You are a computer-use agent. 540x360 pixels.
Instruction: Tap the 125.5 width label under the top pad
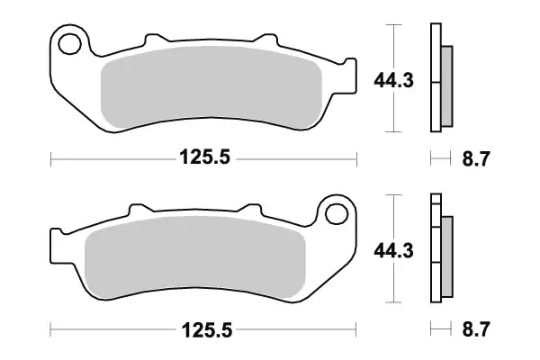click(205, 159)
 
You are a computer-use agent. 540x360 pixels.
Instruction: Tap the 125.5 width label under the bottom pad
click(205, 330)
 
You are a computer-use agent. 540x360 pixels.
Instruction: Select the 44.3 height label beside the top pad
click(393, 83)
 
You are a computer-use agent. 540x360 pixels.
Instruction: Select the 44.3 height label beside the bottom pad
click(393, 253)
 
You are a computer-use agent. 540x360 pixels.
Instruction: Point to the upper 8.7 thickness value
click(475, 159)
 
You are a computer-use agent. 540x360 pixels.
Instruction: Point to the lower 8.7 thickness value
click(475, 330)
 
